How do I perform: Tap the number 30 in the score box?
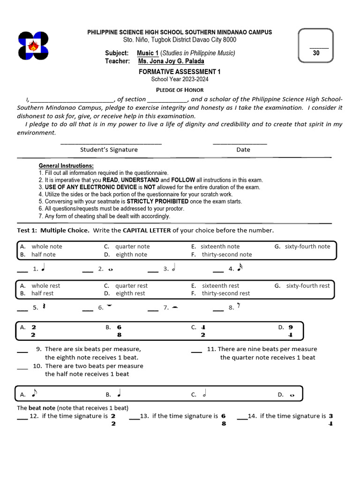316,53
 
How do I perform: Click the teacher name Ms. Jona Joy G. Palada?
171,61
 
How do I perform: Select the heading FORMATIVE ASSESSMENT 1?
180,72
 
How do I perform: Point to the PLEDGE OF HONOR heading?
180,90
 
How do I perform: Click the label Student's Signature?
109,150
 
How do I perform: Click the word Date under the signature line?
243,150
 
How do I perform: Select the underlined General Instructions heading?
66,166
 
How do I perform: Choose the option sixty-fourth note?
307,247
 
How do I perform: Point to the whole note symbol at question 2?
110,269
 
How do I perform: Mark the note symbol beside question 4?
240,268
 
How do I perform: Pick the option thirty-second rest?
226,293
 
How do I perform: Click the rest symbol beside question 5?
44,307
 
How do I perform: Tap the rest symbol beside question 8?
239,307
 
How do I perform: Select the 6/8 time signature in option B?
119,331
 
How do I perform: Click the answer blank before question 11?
196,349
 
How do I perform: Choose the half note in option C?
204,394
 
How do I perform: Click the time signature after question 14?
330,420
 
